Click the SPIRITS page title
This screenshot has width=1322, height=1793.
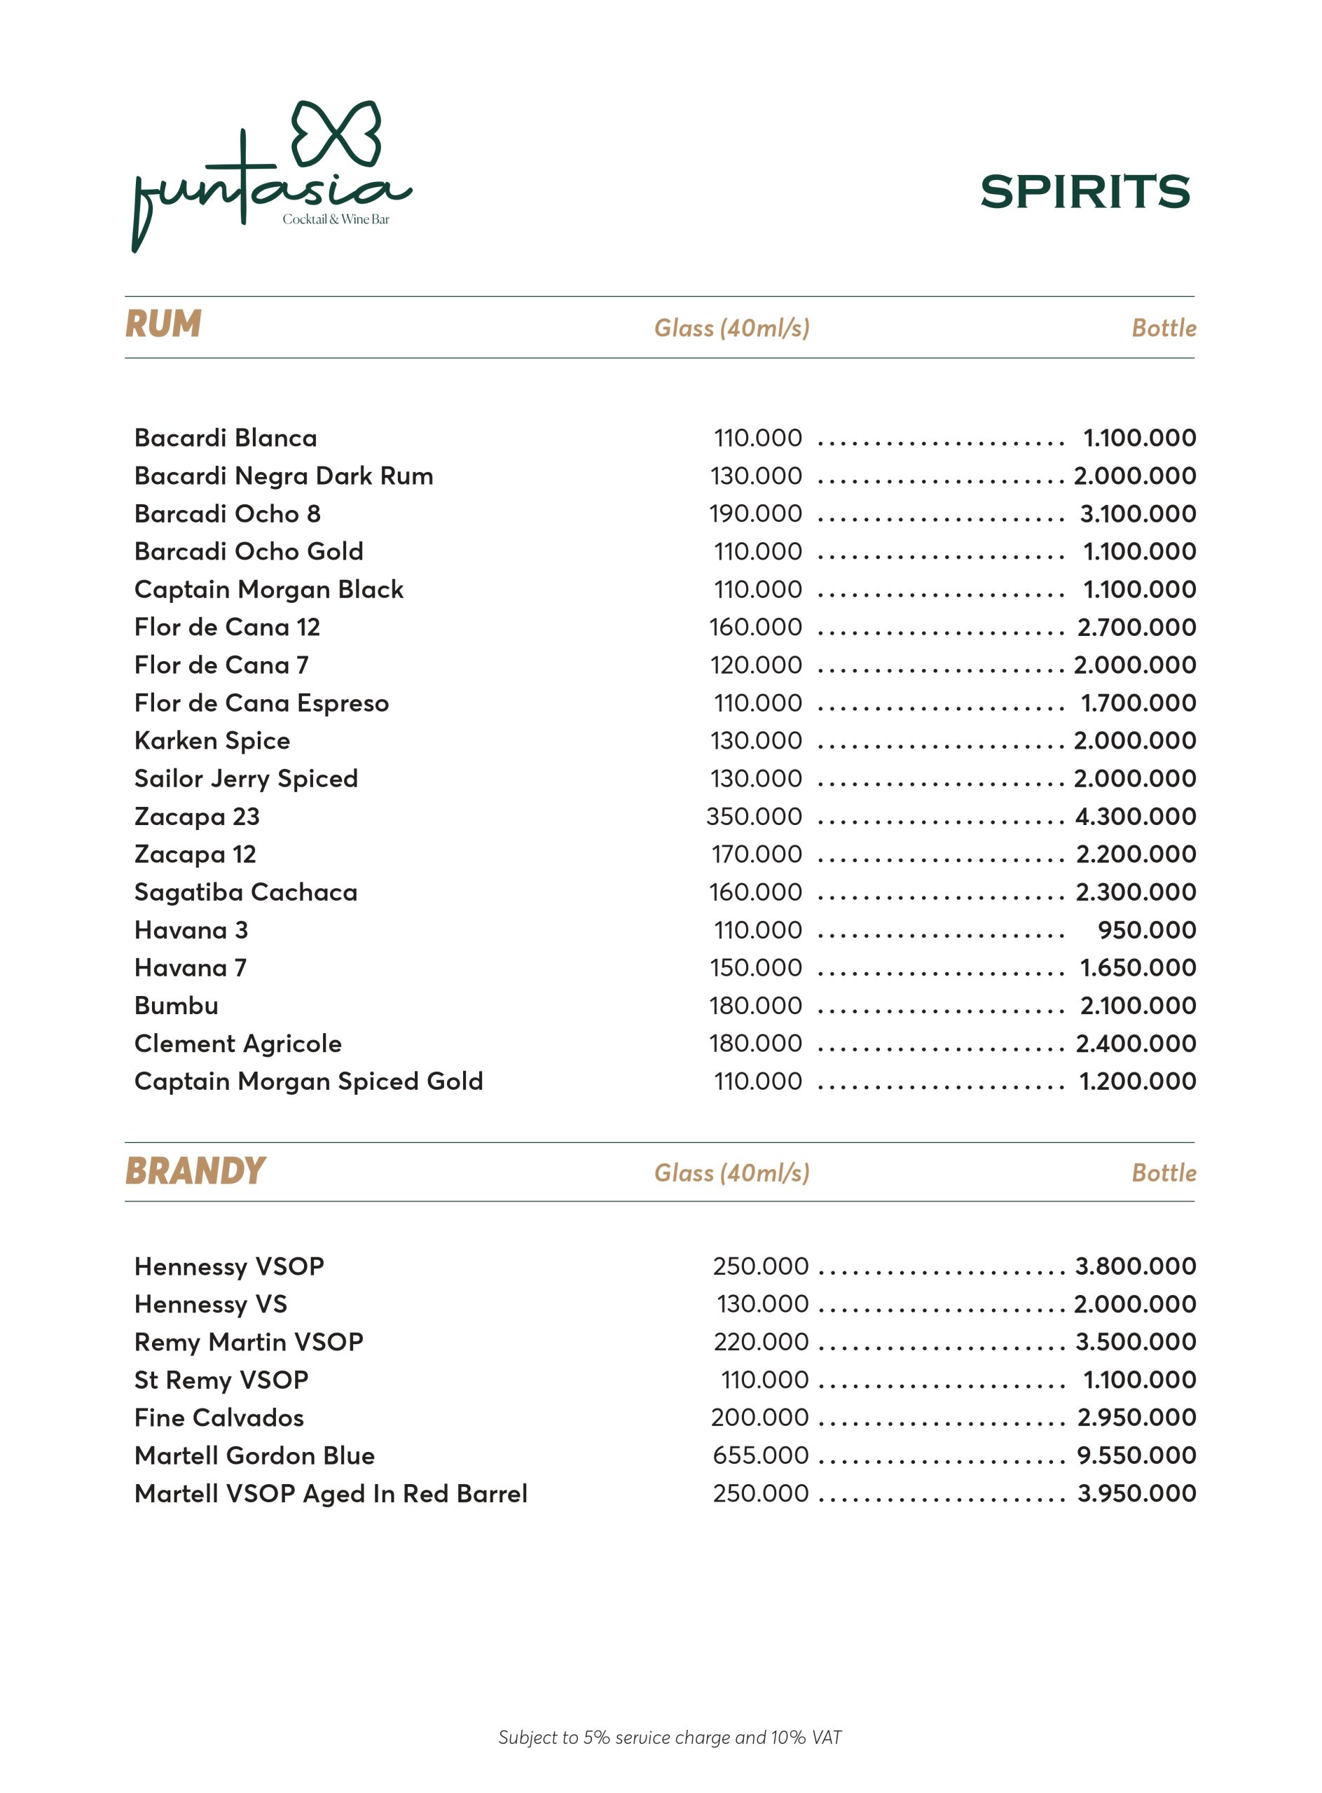coord(1085,192)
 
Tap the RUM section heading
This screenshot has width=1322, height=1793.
coord(163,324)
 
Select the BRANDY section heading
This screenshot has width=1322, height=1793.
coord(195,1170)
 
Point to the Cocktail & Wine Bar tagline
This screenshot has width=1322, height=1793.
coord(336,219)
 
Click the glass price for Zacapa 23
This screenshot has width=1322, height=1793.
coord(754,816)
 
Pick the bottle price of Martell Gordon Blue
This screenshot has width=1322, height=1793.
coord(1136,1455)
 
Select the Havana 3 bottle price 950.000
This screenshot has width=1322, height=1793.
coord(1147,929)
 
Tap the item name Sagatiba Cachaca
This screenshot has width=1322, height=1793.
coord(246,892)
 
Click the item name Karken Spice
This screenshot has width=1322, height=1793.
coord(212,741)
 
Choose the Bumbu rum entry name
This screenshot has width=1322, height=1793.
coord(176,1006)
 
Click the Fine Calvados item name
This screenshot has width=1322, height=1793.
coord(219,1417)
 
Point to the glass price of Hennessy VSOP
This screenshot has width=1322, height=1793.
coord(760,1266)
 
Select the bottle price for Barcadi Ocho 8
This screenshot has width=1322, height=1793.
coord(1138,513)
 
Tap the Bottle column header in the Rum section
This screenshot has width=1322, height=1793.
coord(1164,328)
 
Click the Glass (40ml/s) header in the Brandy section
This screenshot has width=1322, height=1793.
coord(731,1173)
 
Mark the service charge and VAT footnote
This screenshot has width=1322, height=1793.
coord(670,1737)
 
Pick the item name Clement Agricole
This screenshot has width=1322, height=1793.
coord(237,1044)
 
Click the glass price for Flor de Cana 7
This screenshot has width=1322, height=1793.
coord(755,665)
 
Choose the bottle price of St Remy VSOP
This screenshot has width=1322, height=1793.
coord(1140,1379)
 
